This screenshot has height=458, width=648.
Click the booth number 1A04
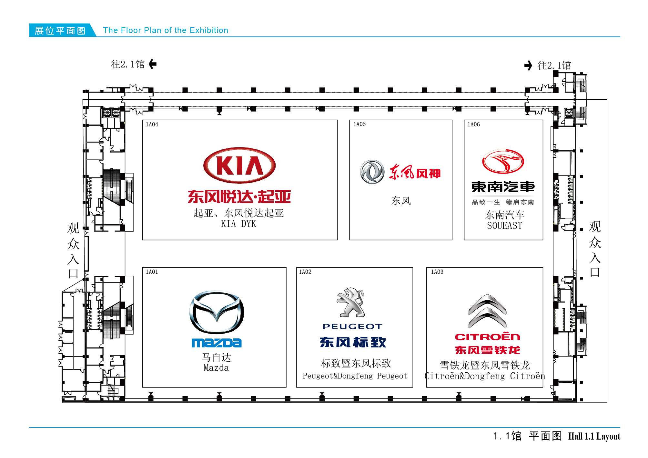[152, 124]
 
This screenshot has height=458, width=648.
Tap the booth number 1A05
[359, 124]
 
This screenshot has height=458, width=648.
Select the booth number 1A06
[473, 124]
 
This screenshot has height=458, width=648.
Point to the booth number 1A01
[152, 272]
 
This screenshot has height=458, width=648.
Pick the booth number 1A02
[305, 272]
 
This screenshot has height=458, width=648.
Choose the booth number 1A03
[437, 272]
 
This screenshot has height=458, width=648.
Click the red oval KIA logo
[239, 165]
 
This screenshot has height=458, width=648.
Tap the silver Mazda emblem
[217, 312]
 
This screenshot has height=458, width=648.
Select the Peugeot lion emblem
[351, 302]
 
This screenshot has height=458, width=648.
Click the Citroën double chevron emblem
[487, 311]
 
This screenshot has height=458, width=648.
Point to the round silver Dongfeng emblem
[372, 172]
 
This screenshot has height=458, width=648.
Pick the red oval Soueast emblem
[503, 161]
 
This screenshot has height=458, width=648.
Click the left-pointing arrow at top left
[153, 64]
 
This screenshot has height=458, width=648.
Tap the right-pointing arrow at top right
[528, 66]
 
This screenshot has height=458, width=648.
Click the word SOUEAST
[504, 226]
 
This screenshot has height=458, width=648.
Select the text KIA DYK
[238, 224]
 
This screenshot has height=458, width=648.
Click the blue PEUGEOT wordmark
[352, 326]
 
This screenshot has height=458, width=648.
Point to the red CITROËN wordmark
[487, 337]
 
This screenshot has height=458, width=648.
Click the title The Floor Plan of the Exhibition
[166, 30]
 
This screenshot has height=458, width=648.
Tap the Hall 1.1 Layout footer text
[594, 436]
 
